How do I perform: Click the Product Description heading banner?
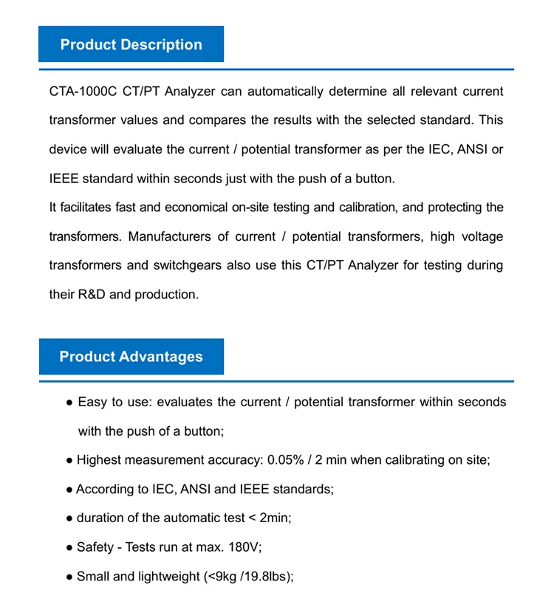(131, 44)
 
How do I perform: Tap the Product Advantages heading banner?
(131, 357)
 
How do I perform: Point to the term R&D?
(92, 294)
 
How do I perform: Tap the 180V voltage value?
(246, 547)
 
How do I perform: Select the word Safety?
(95, 547)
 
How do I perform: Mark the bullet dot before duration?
(69, 518)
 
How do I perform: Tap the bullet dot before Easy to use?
(69, 402)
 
